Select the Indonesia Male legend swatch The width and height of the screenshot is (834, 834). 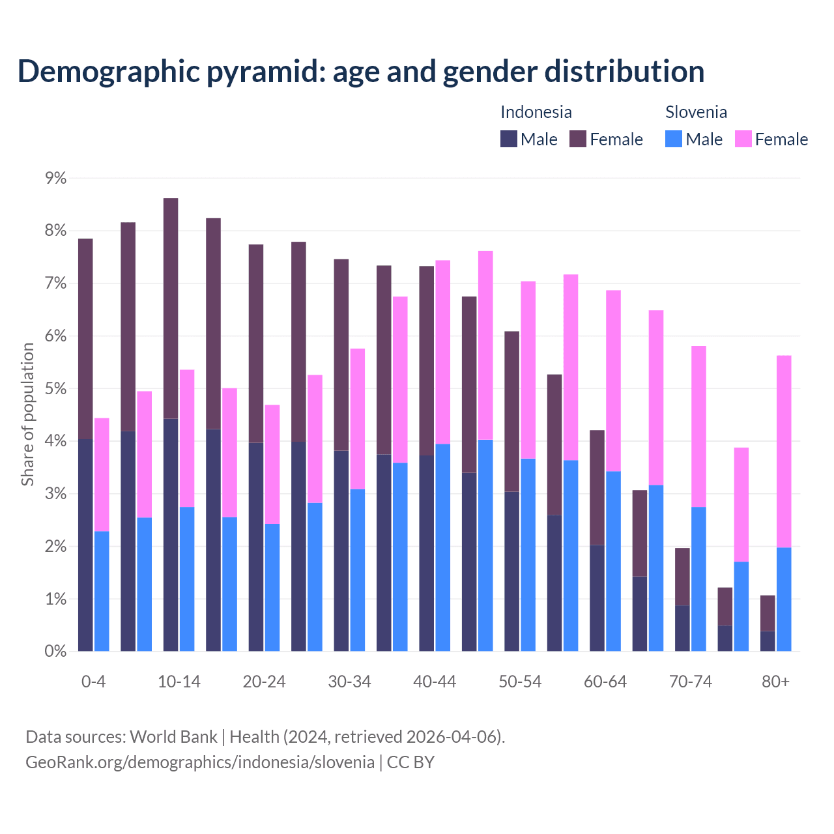(509, 139)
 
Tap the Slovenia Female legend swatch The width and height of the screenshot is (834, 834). (743, 139)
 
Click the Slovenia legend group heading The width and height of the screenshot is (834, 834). (696, 112)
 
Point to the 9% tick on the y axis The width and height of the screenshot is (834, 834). (55, 178)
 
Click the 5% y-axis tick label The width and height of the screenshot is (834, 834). (55, 389)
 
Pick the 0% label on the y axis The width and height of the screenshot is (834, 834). (55, 652)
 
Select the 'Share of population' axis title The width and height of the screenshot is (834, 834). (27, 414)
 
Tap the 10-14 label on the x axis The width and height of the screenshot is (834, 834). (179, 682)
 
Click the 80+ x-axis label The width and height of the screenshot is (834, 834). (775, 682)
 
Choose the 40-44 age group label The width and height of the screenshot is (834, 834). (435, 682)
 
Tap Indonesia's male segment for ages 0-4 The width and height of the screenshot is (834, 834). (85, 545)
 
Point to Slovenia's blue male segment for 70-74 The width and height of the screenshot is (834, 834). (698, 579)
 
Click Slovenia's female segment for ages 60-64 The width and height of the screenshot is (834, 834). (613, 381)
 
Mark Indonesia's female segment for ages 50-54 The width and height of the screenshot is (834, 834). (512, 411)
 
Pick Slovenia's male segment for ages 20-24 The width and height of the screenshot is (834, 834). (272, 587)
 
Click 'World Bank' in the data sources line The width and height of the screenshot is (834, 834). (173, 737)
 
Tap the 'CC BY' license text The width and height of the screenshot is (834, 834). (410, 762)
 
